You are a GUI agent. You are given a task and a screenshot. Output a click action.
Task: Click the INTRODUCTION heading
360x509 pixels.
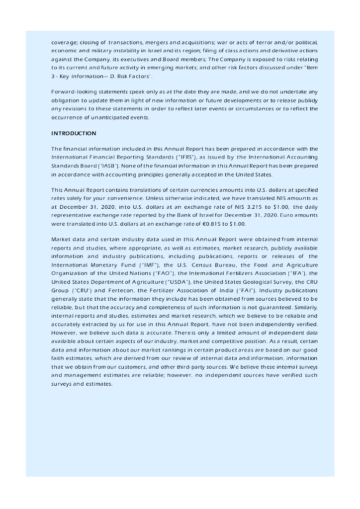tap(74, 134)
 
